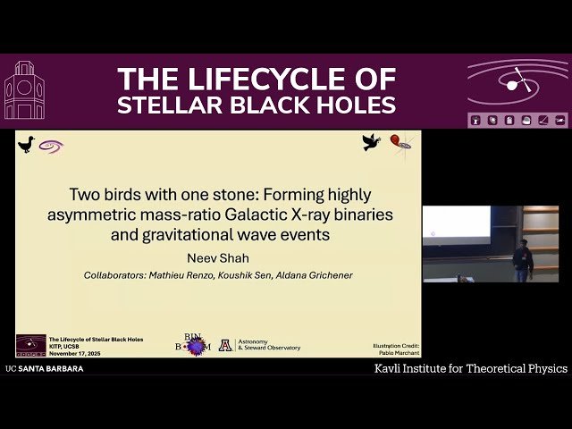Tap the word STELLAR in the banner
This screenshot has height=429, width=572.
coord(164,105)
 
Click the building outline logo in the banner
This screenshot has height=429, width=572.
coord(24,91)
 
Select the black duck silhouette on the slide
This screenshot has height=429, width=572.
coord(26,144)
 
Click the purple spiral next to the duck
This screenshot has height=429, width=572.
coord(50,146)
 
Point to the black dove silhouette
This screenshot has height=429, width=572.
coord(371,141)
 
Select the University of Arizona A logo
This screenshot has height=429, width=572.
coord(225,345)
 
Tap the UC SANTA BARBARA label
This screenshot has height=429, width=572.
coord(45,368)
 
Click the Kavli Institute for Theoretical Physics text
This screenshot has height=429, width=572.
coord(470,368)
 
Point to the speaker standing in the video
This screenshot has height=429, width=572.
coord(524,259)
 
